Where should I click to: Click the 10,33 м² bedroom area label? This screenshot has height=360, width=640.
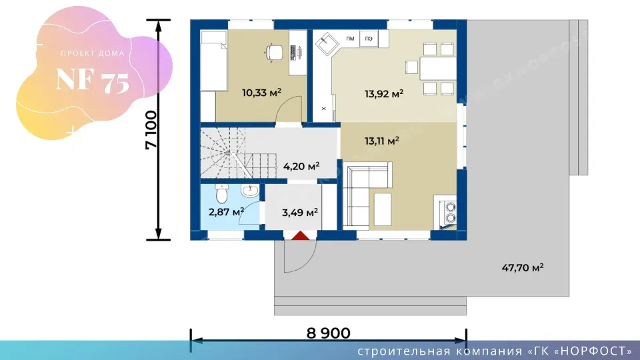pos(261,93)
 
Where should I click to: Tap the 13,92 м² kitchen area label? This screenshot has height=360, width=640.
pos(384,94)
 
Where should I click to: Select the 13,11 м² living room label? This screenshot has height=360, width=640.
pos(381,141)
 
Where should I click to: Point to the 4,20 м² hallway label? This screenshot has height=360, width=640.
pos(301,166)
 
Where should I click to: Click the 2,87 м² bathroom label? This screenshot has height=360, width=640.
pos(226,212)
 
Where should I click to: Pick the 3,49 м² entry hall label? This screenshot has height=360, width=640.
pos(300,212)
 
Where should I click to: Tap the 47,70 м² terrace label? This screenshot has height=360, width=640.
pos(523,268)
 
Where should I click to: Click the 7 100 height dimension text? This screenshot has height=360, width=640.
pos(151,130)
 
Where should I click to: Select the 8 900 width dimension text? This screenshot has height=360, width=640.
pos(328,333)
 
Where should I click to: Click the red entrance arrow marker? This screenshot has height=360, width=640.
pos(301,235)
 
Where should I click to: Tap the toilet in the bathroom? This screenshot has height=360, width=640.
pos(221,193)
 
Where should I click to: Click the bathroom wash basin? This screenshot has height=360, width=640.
pos(250,190)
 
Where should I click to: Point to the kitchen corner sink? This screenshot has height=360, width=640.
pos(327,43)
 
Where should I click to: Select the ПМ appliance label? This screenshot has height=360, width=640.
pos(350,39)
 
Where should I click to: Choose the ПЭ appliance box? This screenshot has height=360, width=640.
pos(369,39)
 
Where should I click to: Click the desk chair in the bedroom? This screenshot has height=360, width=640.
pos(273,53)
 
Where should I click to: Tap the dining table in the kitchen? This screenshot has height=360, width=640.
pos(437,68)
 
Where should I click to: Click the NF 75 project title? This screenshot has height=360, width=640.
pos(93,80)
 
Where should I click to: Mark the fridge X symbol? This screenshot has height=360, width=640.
pos(324,109)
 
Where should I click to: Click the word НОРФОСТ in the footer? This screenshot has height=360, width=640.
pos(594,351)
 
